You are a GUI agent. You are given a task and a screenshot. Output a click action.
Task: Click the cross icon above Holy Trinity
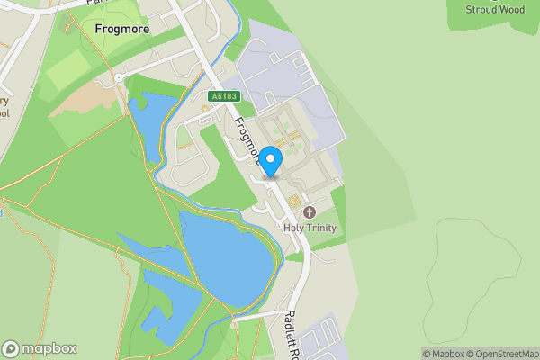click(310, 212)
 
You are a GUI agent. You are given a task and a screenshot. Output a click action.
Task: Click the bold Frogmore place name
click(121, 29)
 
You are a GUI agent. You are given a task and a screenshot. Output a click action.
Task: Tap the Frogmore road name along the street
click(247, 142)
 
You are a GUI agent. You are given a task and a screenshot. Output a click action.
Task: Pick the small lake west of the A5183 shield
click(148, 117)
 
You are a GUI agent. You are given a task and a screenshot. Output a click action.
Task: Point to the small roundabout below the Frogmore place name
click(118, 77)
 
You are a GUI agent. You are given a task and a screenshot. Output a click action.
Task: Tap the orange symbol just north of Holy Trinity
click(295, 198)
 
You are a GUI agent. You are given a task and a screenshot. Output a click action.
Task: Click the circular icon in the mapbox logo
click(11, 349)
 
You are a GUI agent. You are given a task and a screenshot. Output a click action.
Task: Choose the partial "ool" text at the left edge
click(5, 113)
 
